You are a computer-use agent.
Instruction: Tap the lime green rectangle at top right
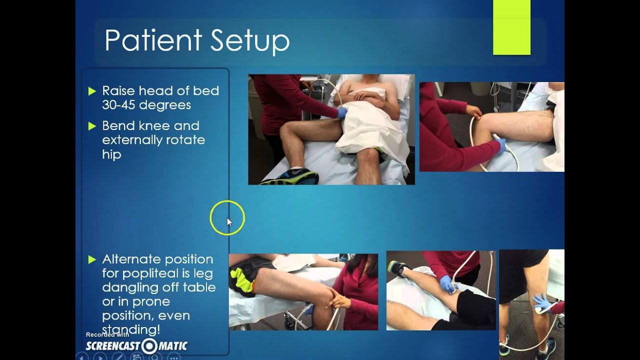(511, 27)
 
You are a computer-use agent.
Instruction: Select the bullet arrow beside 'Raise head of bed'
(91, 91)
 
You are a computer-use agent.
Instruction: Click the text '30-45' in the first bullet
(119, 105)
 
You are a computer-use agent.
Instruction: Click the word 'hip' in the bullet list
(111, 154)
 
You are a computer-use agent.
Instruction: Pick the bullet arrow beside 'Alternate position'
(91, 259)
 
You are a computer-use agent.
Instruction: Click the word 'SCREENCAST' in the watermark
(113, 346)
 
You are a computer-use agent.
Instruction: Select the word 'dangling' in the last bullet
(129, 287)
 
